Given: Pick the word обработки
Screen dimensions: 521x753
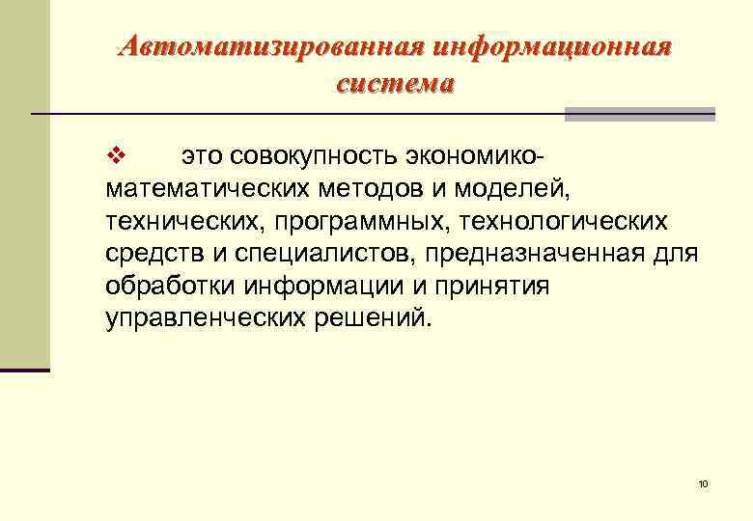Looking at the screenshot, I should pos(173,287).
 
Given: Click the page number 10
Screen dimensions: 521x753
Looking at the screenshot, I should pos(703,483).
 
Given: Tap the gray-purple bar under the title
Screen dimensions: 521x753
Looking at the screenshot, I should pos(639,114).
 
